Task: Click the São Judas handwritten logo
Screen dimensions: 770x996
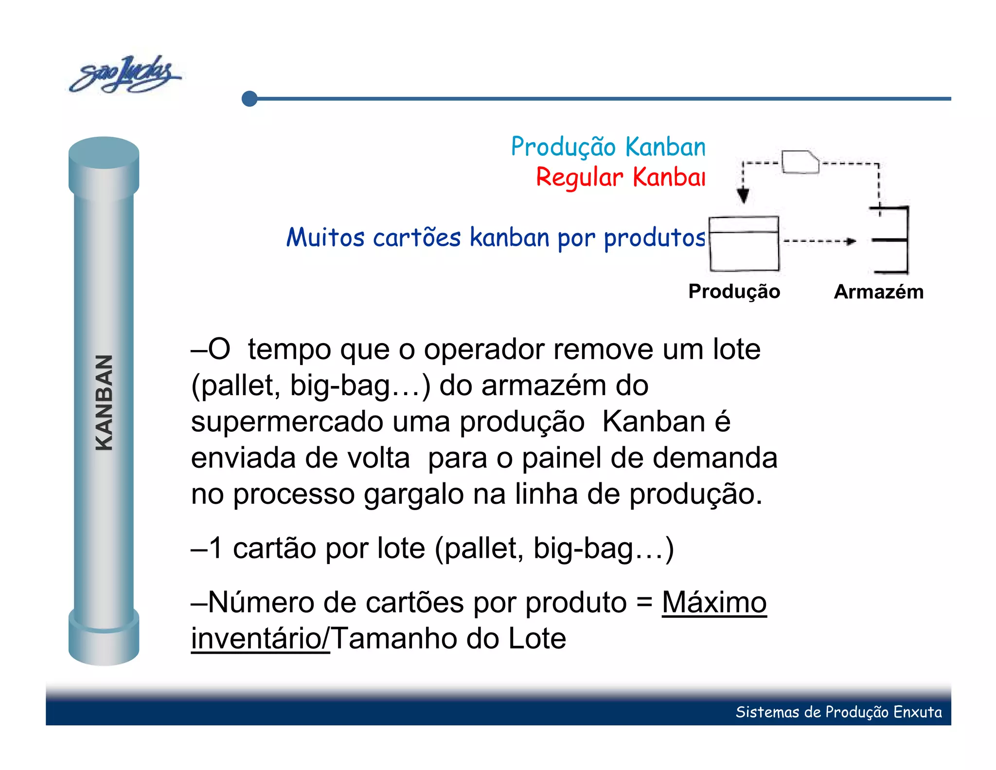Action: pos(125,75)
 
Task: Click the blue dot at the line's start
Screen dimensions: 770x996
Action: pos(249,99)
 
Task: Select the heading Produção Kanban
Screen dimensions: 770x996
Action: pos(608,147)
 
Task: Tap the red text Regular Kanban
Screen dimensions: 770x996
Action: pos(620,177)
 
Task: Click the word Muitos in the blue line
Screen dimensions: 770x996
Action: pos(325,238)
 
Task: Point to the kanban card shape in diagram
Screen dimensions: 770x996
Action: pos(800,162)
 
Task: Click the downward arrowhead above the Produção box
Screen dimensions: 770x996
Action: pos(743,196)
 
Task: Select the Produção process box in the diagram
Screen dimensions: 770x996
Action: pos(744,244)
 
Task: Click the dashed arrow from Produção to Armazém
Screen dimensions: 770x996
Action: pos(819,241)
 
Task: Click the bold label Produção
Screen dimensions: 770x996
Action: pos(734,292)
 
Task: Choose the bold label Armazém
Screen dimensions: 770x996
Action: pos(878,292)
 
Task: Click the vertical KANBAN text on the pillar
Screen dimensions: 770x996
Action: pos(104,403)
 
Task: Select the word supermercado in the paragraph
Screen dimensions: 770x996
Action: pos(287,422)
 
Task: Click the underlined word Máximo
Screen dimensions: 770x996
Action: pos(714,603)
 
